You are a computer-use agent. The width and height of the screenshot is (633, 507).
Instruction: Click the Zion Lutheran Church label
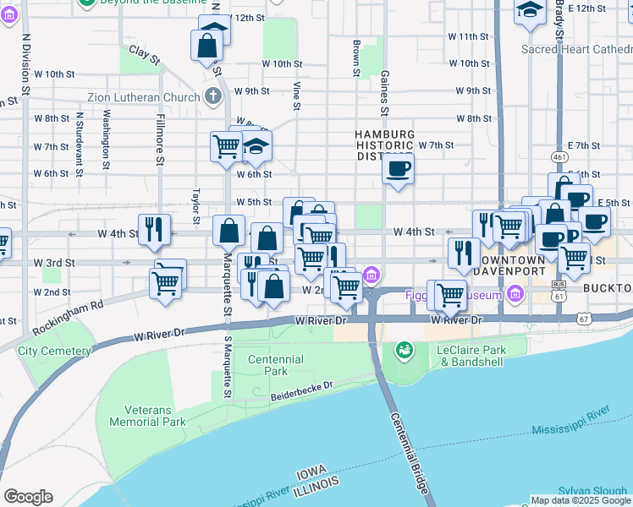pyautogui.click(x=148, y=97)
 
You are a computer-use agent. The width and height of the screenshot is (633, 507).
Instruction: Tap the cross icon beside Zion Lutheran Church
pyautogui.click(x=212, y=95)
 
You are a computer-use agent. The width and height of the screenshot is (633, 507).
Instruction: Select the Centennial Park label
pyautogui.click(x=275, y=365)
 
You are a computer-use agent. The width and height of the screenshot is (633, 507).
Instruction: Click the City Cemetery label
pyautogui.click(x=54, y=351)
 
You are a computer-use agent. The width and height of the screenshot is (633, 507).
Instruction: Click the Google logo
pyautogui.click(x=28, y=496)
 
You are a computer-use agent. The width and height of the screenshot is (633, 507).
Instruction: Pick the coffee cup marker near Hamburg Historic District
pyautogui.click(x=398, y=167)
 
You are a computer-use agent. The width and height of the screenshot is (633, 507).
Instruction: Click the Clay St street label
pyautogui.click(x=145, y=56)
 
